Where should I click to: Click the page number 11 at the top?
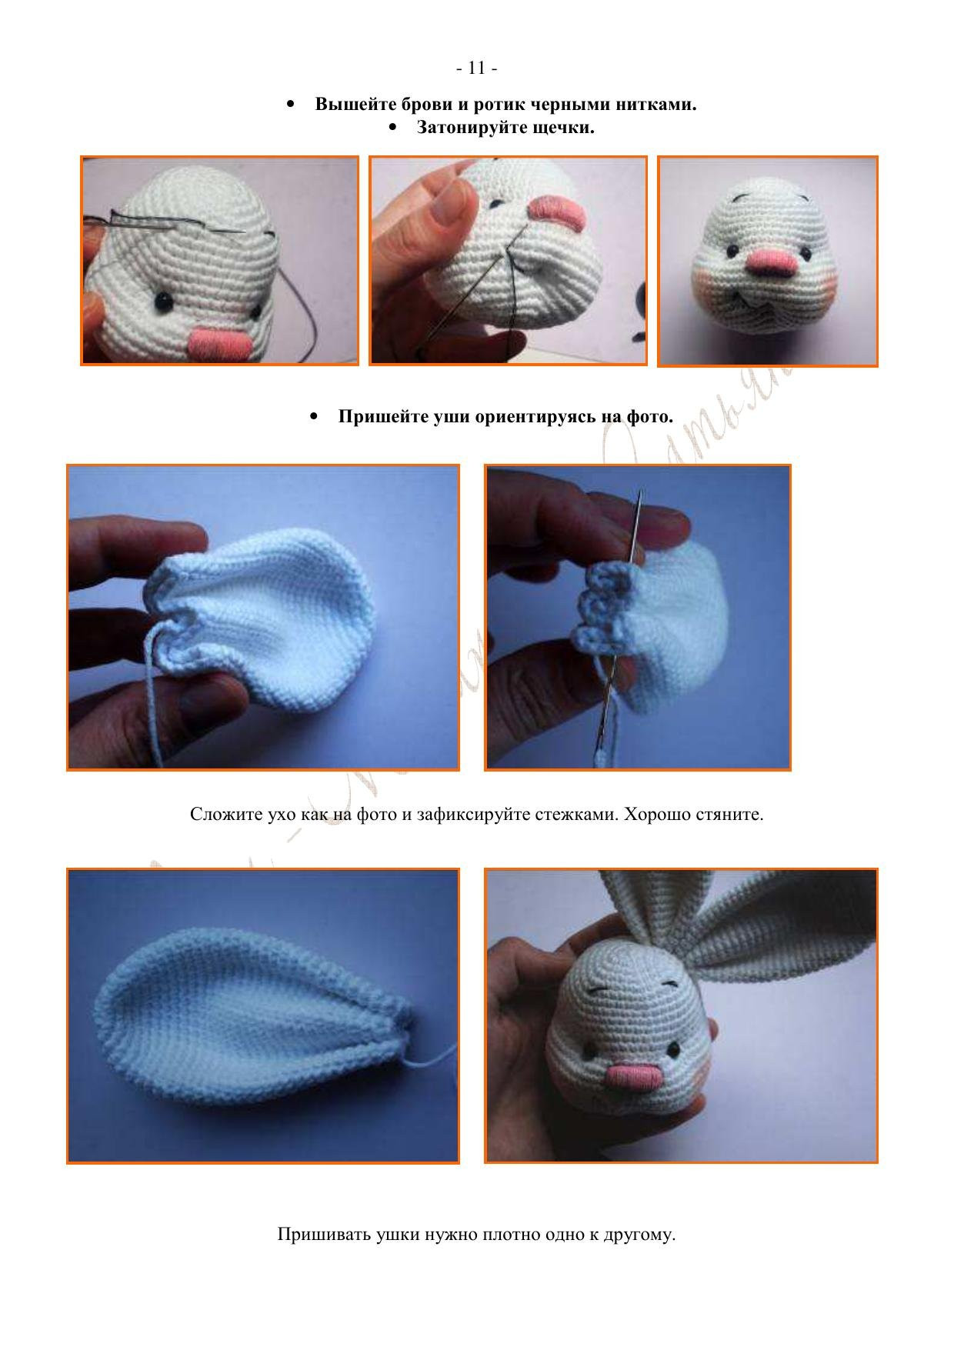point(476,68)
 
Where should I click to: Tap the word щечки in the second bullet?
point(563,127)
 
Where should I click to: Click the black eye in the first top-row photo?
point(163,302)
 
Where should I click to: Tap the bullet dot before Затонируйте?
point(393,127)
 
